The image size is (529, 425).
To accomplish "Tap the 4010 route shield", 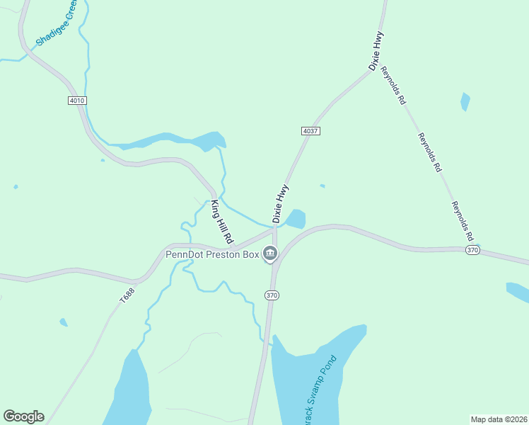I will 77,101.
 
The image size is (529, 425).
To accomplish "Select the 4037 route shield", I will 310,131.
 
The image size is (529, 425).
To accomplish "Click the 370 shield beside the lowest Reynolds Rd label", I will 473,250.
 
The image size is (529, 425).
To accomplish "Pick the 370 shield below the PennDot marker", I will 272,294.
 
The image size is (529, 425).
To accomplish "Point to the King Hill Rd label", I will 223,222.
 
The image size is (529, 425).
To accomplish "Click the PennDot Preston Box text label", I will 212,254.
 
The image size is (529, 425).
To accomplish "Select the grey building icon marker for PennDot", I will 269,253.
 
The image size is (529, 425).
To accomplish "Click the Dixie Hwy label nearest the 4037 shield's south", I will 281,205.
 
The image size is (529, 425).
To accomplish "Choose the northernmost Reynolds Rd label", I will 393,86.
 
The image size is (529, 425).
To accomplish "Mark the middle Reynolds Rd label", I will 429,153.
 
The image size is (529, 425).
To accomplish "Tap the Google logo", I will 23,416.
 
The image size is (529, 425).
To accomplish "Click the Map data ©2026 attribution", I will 499,419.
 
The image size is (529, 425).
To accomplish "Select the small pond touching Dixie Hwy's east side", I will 296,219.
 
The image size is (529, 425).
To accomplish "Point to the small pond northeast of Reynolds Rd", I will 465,102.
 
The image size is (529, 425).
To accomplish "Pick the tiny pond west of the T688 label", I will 64,322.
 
